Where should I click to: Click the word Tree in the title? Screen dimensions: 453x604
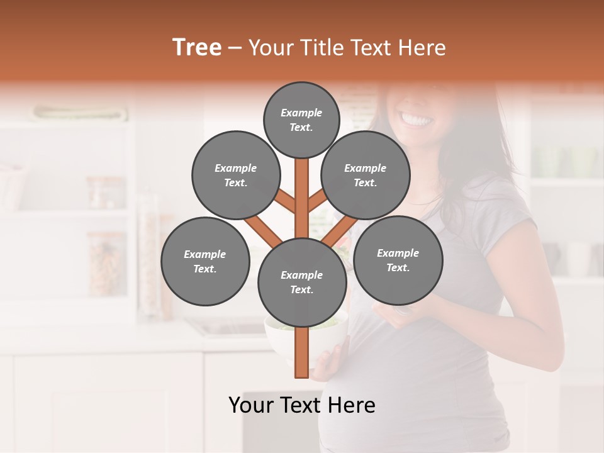pyautogui.click(x=196, y=47)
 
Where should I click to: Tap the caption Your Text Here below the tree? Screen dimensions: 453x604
pyautogui.click(x=301, y=405)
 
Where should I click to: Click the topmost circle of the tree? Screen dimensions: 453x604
pyautogui.click(x=301, y=120)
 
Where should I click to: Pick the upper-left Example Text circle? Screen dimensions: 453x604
pyautogui.click(x=235, y=175)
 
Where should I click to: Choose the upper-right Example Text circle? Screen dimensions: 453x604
pyautogui.click(x=365, y=175)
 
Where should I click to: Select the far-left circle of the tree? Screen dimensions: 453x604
pyautogui.click(x=204, y=261)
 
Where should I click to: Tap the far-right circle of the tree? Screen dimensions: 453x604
pyautogui.click(x=398, y=260)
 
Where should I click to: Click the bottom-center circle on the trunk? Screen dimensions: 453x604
pyautogui.click(x=301, y=282)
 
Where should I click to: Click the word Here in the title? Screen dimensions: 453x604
pyautogui.click(x=421, y=48)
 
